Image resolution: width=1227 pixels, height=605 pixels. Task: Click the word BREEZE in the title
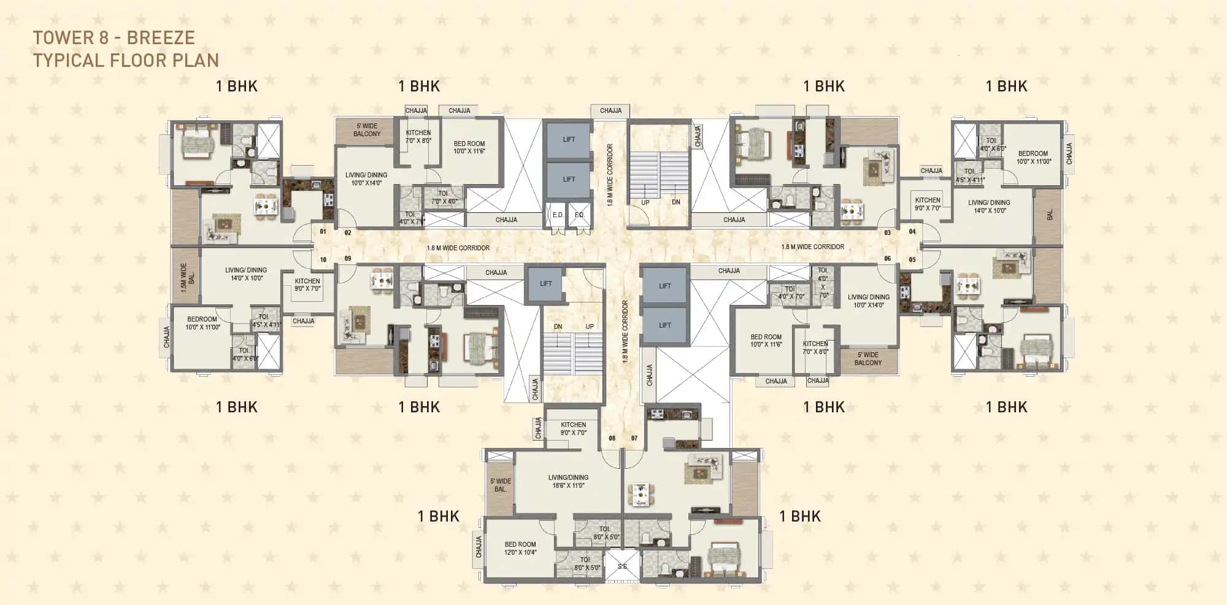click(161, 38)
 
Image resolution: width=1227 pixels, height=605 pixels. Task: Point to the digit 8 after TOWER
click(104, 38)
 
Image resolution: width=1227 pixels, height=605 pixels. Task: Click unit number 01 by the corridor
click(323, 232)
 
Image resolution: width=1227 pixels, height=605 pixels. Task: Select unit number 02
click(348, 233)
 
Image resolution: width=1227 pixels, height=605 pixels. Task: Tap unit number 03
click(887, 233)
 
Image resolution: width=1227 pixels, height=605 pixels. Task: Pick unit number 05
click(912, 260)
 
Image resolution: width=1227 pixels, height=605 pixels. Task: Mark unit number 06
click(887, 259)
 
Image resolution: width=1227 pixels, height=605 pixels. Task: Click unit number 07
click(634, 438)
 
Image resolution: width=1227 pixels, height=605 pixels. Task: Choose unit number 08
click(612, 438)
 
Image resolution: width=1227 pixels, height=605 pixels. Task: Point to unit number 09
click(348, 258)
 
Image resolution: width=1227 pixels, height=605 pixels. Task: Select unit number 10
click(323, 260)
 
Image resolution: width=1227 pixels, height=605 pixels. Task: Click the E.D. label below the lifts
click(558, 215)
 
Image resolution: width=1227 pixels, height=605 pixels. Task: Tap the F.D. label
click(579, 215)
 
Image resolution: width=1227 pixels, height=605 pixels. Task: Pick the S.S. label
click(622, 566)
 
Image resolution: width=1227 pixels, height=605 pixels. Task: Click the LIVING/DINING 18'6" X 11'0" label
click(568, 481)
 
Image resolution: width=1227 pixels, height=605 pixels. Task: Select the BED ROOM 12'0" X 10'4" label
click(520, 548)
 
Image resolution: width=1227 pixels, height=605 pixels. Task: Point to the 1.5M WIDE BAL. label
click(187, 274)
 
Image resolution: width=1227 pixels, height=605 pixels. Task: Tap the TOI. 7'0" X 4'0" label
click(444, 197)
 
